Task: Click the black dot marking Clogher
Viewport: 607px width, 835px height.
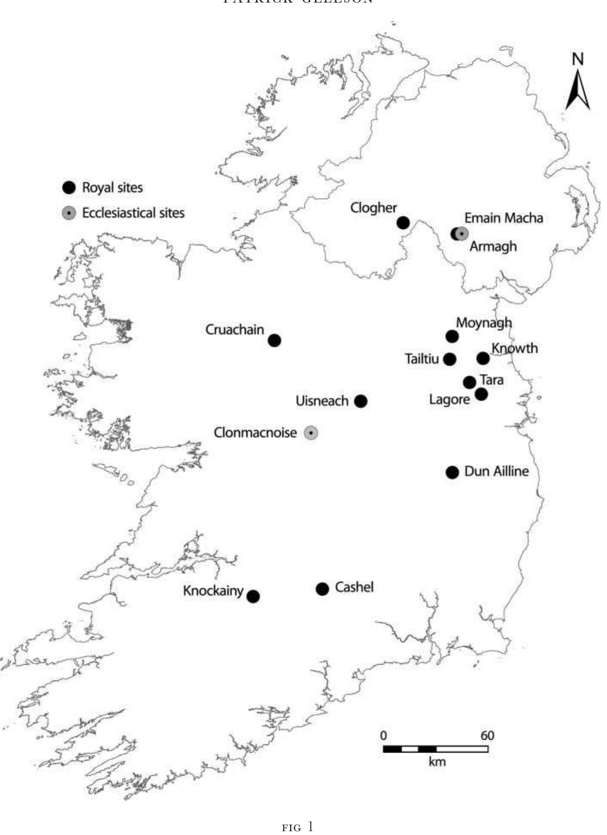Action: coord(403,222)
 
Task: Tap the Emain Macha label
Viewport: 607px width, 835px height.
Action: coord(503,218)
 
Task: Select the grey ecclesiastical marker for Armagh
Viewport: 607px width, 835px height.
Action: coord(462,234)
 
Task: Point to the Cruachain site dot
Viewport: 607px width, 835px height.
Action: coord(274,340)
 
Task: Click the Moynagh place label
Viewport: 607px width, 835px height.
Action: coord(484,323)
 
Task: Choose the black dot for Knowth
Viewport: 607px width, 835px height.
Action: coord(483,358)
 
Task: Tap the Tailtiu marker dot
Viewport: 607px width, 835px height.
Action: coord(449,359)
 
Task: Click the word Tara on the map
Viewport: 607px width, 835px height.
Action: coord(491,380)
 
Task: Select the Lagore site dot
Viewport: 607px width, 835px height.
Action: coord(481,394)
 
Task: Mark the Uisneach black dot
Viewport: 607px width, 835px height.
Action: coord(361,401)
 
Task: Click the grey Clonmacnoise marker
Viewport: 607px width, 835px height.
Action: coord(311,433)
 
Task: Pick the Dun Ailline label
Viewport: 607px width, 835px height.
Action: coord(496,471)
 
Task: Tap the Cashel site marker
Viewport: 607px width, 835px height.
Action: coord(322,589)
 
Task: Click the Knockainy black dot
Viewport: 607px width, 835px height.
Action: coord(253,596)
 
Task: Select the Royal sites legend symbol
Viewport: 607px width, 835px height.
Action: coord(69,187)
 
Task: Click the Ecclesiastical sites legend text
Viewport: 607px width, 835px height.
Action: coord(133,213)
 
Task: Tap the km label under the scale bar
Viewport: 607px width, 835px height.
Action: coord(437,761)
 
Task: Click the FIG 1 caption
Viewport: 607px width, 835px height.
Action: coord(297,827)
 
